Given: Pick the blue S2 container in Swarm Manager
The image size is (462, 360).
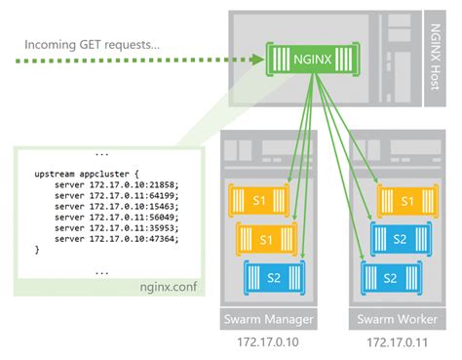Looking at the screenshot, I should pos(274,277).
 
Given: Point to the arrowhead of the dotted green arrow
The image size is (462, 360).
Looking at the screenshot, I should pos(256,59).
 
